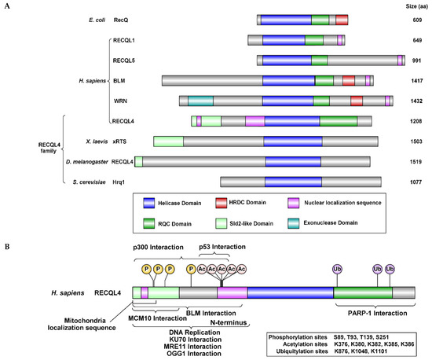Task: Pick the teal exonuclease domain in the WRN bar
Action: click(201, 100)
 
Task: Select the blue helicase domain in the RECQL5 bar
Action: click(287, 60)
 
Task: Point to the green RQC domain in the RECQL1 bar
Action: click(313, 39)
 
